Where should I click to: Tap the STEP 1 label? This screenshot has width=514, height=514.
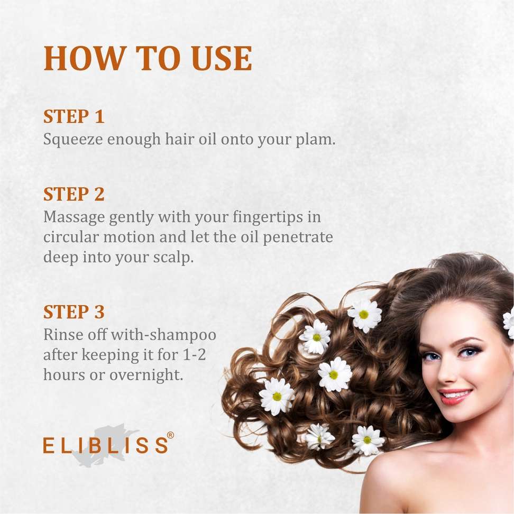point(74,116)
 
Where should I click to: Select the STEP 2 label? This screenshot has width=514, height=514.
point(74,194)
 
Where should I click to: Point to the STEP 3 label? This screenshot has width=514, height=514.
point(74,312)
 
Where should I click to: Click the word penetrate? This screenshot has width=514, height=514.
point(298,237)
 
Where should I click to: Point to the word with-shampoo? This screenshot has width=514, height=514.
point(163,335)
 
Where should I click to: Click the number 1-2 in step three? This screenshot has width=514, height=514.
point(194,355)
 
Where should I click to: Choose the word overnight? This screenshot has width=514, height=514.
point(146,375)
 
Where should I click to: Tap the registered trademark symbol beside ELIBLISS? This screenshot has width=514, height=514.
point(170,435)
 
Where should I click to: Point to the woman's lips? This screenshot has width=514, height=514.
point(456,396)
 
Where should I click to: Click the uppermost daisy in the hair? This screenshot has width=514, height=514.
point(364,315)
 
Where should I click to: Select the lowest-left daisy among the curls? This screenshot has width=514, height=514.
point(277,396)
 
